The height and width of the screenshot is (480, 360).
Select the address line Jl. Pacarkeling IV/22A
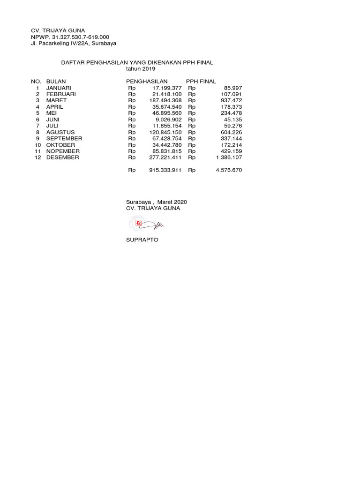(x=73, y=43)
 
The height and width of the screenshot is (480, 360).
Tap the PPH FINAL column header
(x=201, y=82)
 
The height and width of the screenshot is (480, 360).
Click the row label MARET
(x=56, y=100)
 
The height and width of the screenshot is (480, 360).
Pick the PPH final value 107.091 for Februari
(x=231, y=94)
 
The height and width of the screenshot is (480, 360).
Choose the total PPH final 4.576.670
(x=229, y=170)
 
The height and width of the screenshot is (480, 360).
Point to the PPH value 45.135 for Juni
(x=232, y=120)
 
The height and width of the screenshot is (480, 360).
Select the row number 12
(x=37, y=157)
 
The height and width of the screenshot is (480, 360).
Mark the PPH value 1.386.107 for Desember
(x=229, y=157)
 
